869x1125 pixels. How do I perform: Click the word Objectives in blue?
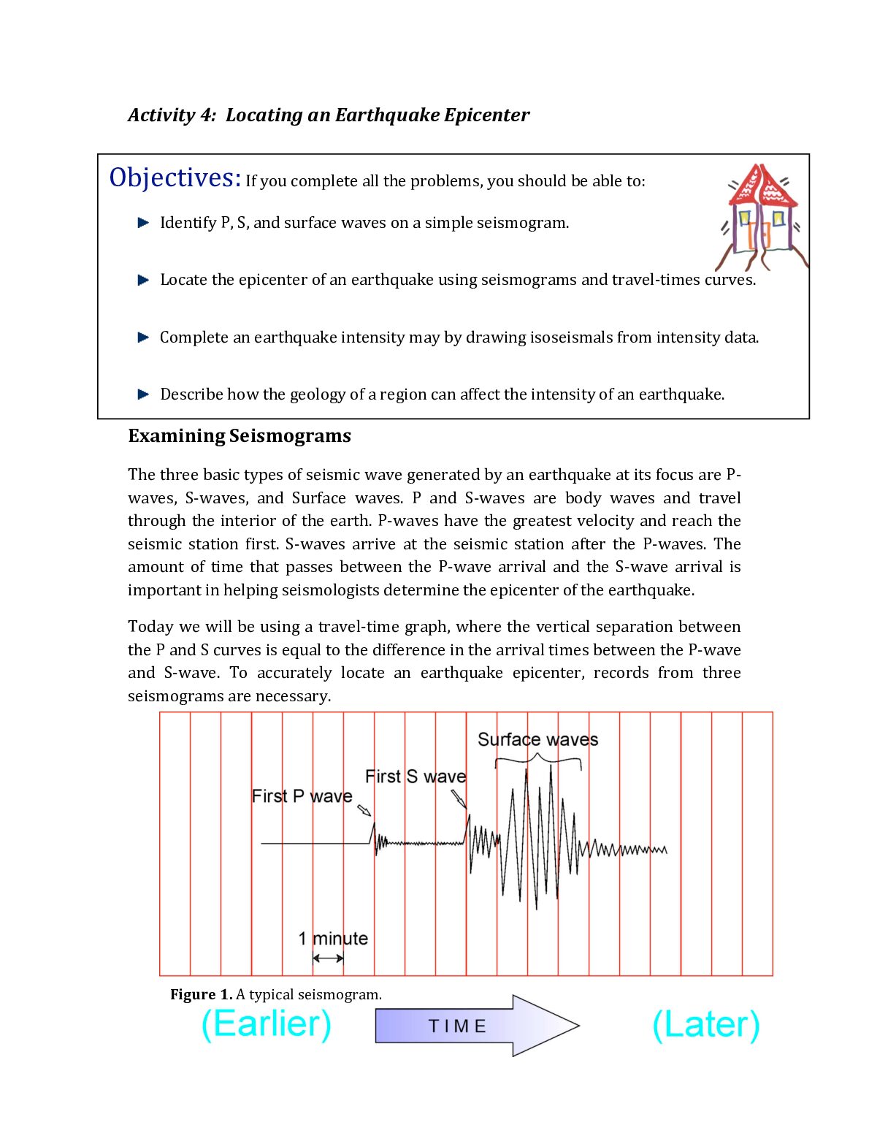coord(175,178)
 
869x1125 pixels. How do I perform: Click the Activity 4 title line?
coord(329,115)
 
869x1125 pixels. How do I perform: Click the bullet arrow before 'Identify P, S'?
coord(143,223)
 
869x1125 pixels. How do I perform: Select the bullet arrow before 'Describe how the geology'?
coord(143,394)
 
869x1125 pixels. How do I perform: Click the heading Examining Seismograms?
coord(240,436)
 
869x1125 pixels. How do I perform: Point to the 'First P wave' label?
coord(302,796)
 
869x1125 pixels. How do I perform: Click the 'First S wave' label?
coord(415,777)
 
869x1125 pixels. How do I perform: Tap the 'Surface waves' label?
coord(537,739)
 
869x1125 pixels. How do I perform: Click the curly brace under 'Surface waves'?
coord(538,762)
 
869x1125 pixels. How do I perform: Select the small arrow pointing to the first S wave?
coord(459,798)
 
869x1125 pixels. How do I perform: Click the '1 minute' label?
coord(333,939)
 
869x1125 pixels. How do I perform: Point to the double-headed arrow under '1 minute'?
coord(328,958)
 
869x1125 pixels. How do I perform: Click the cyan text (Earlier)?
coord(266,1023)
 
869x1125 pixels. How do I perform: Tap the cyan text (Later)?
coord(705,1025)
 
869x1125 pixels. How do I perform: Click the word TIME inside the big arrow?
coord(457,1026)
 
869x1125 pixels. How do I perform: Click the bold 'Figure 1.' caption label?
coord(201,994)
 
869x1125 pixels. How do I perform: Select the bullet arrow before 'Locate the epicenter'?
coord(143,280)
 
